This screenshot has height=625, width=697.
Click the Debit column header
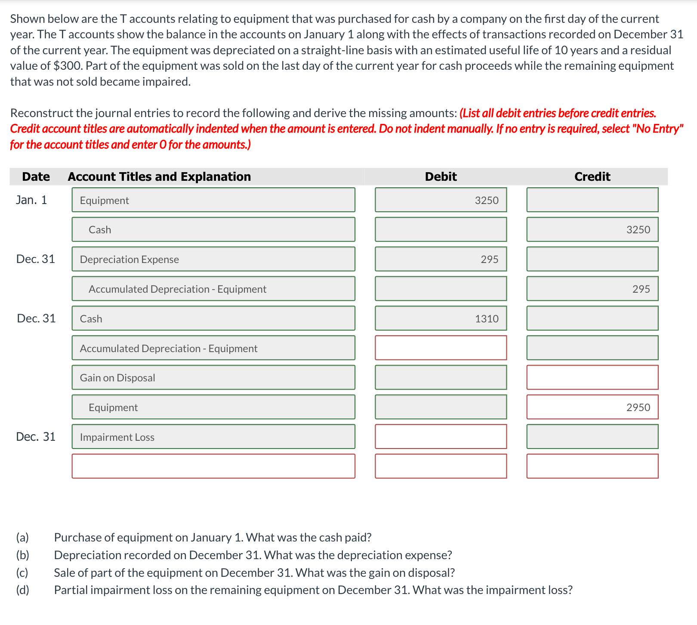441,176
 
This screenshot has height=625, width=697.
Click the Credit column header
592,176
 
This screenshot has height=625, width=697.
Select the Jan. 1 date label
31,200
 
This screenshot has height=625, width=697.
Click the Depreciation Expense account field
213,259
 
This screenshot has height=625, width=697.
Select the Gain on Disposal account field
213,377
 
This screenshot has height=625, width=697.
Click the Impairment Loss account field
213,437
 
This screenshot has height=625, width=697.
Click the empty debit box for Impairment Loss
441,437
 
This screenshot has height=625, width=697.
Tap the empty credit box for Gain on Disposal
592,377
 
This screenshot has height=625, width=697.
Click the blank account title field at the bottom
213,466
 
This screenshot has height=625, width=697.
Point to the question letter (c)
22,572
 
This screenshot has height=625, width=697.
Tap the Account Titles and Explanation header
159,176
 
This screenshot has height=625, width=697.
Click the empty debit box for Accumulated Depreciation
441,348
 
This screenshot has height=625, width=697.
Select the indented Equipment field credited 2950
213,407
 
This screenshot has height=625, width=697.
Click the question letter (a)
22,538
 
